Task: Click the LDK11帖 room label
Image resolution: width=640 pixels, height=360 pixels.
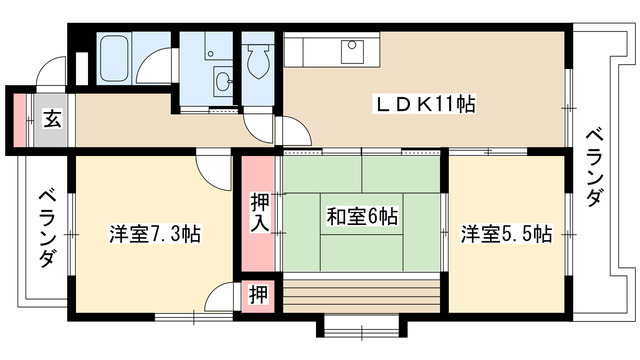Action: pyautogui.click(x=425, y=104)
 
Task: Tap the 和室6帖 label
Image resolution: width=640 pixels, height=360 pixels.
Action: pyautogui.click(x=362, y=216)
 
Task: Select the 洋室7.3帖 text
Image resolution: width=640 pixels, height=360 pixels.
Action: pyautogui.click(x=155, y=234)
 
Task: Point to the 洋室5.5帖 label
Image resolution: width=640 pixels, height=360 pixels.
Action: pyautogui.click(x=507, y=234)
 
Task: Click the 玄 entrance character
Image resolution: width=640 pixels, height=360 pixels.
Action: pyautogui.click(x=53, y=119)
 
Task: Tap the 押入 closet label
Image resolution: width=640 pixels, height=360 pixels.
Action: pyautogui.click(x=260, y=213)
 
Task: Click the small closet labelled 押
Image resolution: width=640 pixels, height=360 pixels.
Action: pyautogui.click(x=259, y=295)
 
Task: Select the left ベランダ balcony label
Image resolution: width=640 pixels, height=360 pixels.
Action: pyautogui.click(x=47, y=228)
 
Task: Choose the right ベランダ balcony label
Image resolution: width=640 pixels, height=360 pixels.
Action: pyautogui.click(x=594, y=168)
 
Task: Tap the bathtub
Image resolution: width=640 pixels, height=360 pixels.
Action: pyautogui.click(x=115, y=58)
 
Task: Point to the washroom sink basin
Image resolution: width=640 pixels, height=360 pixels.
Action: pyautogui.click(x=223, y=82)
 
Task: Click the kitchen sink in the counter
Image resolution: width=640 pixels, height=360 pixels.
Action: pyautogui.click(x=352, y=51)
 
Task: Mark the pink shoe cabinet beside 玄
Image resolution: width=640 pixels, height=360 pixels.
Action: pyautogui.click(x=19, y=120)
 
